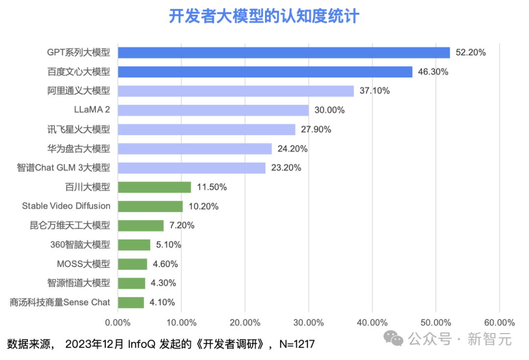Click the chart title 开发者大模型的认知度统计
[x=264, y=16]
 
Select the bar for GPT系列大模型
[x=284, y=52]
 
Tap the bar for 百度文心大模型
[x=265, y=72]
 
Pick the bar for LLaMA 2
[x=213, y=110]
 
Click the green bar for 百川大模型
[x=154, y=187]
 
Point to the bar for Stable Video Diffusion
[x=150, y=206]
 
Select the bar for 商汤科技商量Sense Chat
[x=131, y=302]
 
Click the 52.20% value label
[x=471, y=52]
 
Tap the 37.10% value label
[x=375, y=91]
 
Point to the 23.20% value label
[x=286, y=168]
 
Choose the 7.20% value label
[x=182, y=225]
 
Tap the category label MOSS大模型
[x=83, y=264]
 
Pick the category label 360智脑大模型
[x=80, y=245]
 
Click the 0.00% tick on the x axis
[x=118, y=322]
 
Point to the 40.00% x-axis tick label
[x=372, y=322]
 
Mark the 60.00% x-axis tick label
[x=499, y=322]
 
